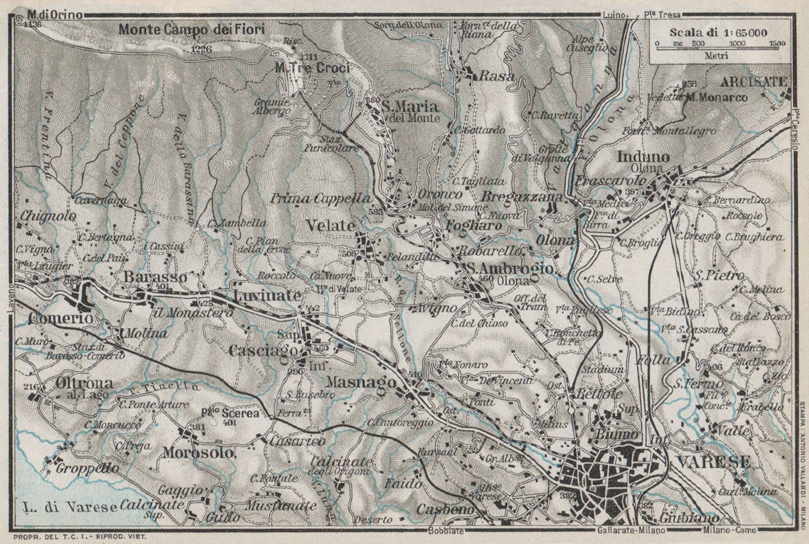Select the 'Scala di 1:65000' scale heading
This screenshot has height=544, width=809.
718,32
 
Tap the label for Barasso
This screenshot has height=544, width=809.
155,278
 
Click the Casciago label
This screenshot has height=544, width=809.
258,350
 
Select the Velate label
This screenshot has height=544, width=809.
331,225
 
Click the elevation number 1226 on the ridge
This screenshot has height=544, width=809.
202,49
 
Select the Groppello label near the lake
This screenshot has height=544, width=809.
87,468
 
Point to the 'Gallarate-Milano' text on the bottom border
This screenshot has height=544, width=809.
631,530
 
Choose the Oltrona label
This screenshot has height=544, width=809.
76,384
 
